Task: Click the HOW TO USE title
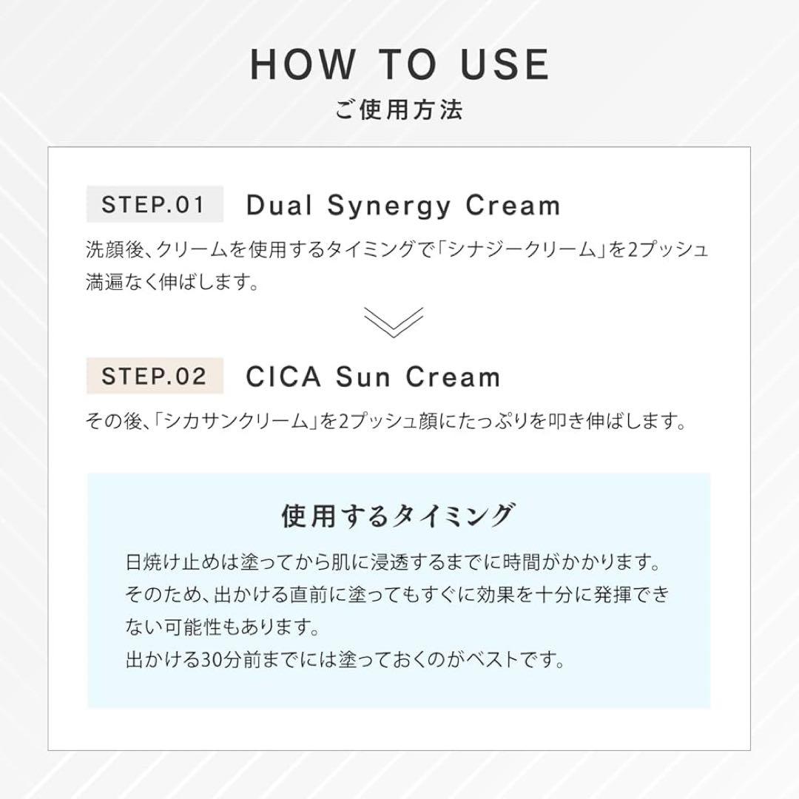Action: point(399,64)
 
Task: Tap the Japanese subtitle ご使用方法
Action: point(399,111)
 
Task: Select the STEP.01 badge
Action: point(154,204)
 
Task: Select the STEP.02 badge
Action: point(154,376)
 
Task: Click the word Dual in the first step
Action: point(280,206)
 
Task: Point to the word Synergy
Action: point(388,206)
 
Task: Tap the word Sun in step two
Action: point(364,377)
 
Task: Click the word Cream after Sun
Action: point(453,377)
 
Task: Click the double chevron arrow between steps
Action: point(394,322)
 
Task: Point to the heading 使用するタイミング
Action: point(398,515)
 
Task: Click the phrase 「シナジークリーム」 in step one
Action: point(533,249)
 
